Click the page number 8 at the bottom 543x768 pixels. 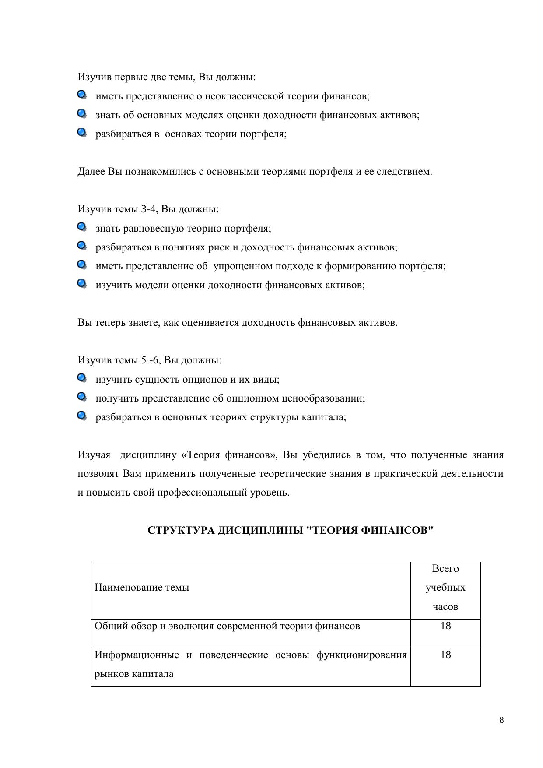[x=501, y=720]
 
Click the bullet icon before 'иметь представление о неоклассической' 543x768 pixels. [x=82, y=95]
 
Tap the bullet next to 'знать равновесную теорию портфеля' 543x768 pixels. [x=82, y=227]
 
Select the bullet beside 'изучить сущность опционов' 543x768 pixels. [x=82, y=378]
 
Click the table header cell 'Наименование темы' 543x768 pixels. [x=142, y=587]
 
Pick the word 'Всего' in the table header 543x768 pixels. [x=445, y=568]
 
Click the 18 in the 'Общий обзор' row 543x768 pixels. [x=445, y=626]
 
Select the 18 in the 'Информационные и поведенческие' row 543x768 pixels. [x=445, y=655]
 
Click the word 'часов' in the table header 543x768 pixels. [x=445, y=606]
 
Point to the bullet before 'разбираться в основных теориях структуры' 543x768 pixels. [x=82, y=416]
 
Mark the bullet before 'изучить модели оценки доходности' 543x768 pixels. [x=82, y=284]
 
